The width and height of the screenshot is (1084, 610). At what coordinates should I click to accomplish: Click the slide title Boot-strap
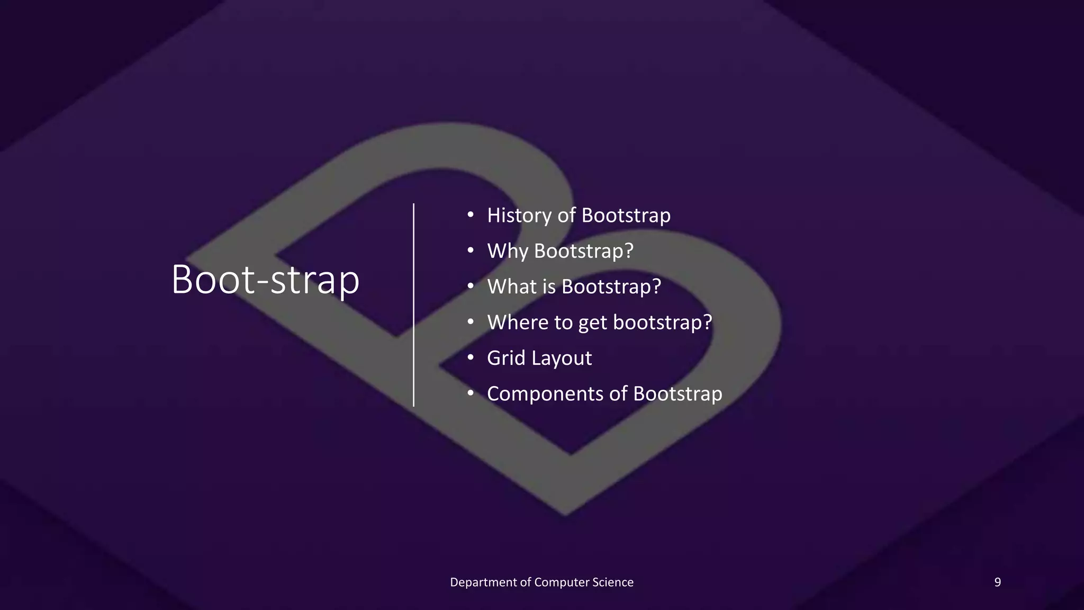click(x=265, y=280)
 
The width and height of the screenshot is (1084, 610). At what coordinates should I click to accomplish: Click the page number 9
click(x=997, y=582)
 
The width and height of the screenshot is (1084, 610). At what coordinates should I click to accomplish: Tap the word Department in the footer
click(x=483, y=582)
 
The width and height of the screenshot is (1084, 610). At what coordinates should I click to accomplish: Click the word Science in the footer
click(x=612, y=582)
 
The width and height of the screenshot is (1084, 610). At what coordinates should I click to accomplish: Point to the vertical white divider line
click(x=413, y=304)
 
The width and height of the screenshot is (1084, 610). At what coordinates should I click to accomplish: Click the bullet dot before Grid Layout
click(x=470, y=358)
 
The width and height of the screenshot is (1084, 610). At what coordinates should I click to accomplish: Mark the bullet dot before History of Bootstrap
click(x=470, y=216)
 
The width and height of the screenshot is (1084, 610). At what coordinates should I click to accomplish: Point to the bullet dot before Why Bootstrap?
click(x=470, y=251)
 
